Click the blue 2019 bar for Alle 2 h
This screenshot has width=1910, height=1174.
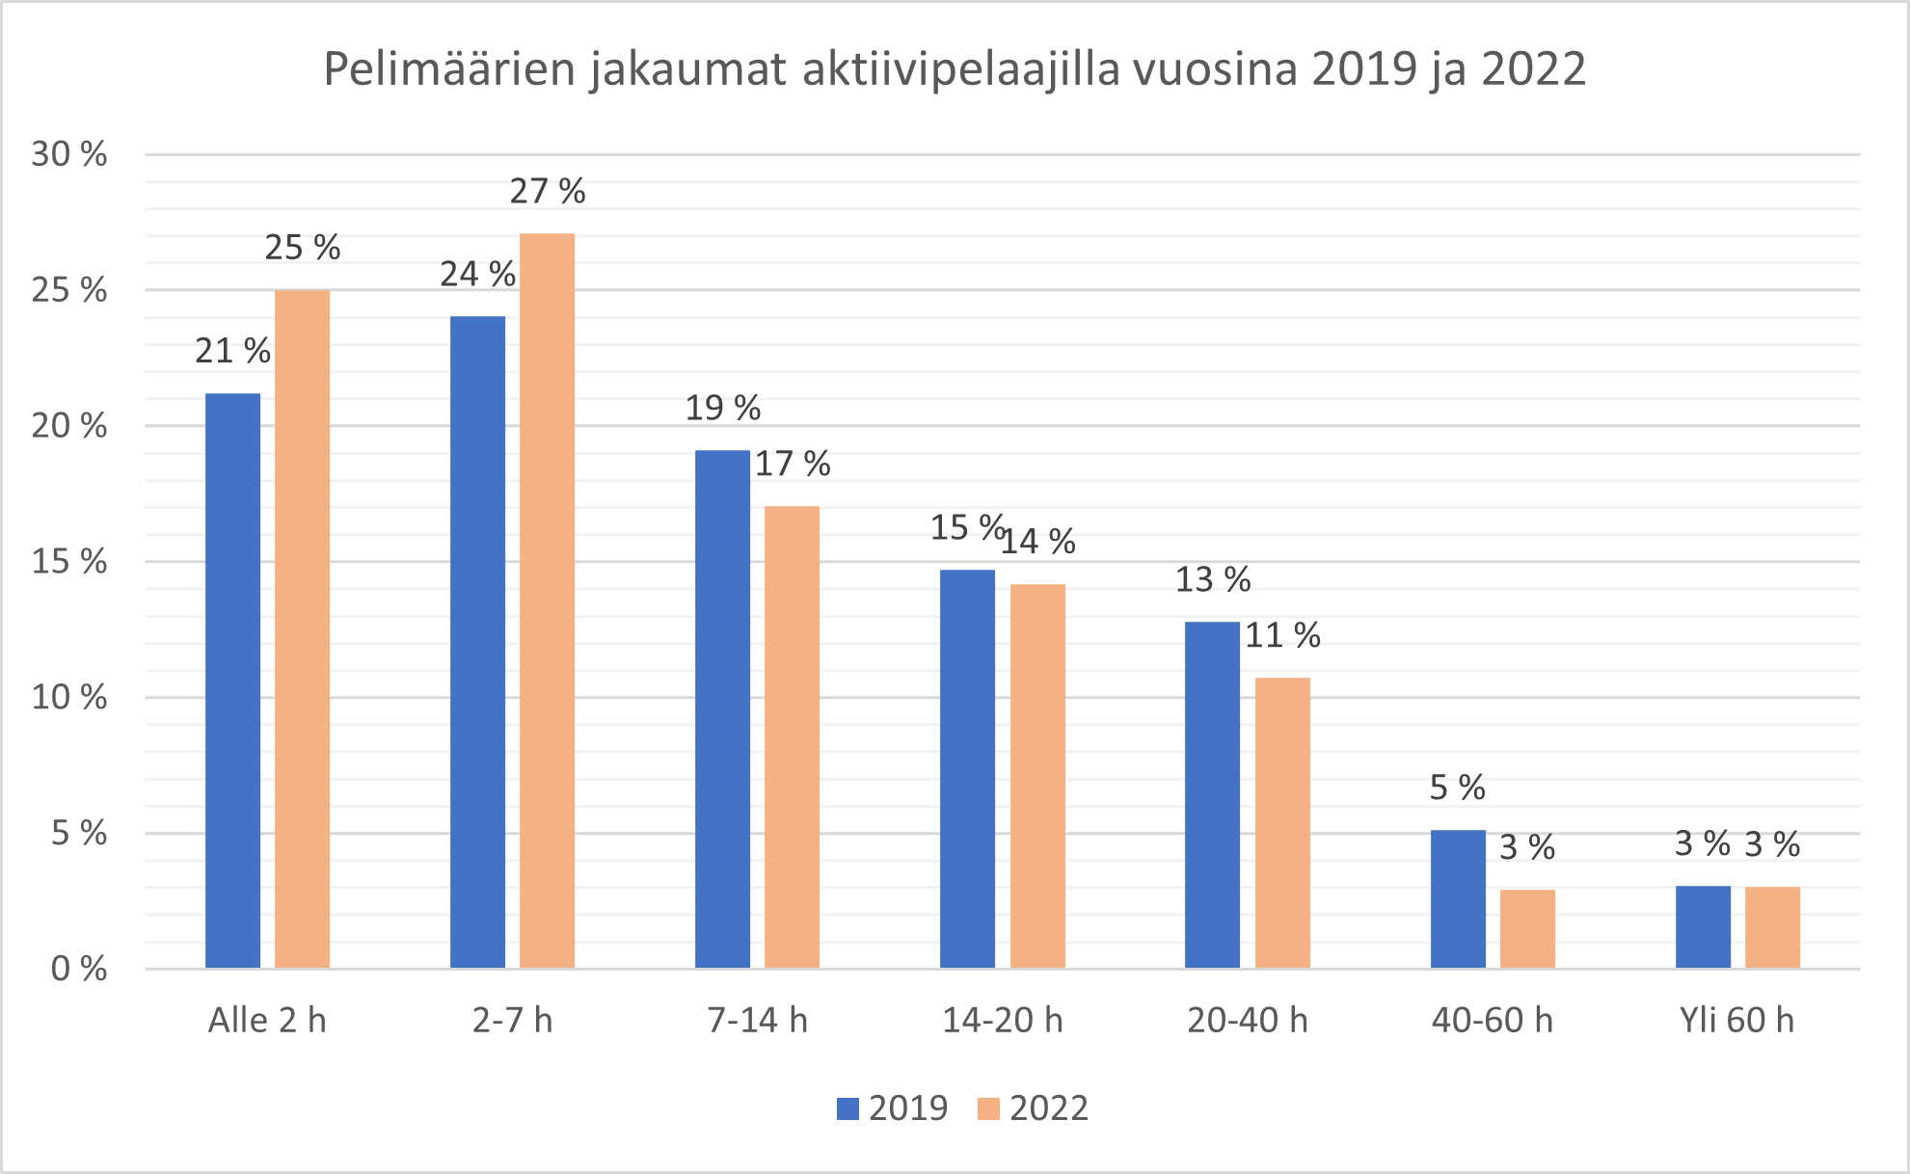pos(232,680)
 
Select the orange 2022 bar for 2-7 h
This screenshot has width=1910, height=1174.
pos(547,600)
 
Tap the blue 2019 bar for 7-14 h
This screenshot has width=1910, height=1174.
pos(722,708)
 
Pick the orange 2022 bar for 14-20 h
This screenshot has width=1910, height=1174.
pos(1037,776)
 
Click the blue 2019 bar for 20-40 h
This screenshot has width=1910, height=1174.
pos(1212,794)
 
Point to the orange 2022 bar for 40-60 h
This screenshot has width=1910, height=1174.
pos(1527,928)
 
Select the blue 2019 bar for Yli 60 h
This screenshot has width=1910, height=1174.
pos(1703,926)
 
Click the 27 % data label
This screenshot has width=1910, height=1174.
pos(547,192)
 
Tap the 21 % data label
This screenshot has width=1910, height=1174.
pos(232,352)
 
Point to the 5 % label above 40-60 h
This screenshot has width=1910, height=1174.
pos(1457,788)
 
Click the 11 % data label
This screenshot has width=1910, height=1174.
pos(1282,636)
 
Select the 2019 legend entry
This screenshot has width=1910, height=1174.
pos(892,1108)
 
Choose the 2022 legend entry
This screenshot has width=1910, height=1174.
pos(1033,1108)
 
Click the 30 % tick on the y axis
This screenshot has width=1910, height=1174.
pos(68,154)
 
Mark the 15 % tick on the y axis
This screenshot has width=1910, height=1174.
pos(68,562)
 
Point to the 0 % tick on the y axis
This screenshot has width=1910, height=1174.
pos(78,969)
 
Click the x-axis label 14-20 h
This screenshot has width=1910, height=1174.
pos(1002,1020)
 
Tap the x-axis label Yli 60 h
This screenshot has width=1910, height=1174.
pos(1736,1020)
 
